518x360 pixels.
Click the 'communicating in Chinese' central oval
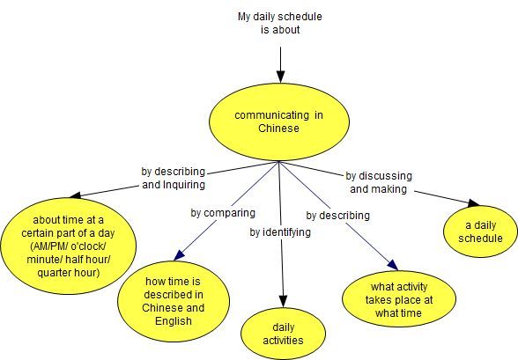coord(279,121)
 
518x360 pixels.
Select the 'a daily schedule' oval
coord(480,231)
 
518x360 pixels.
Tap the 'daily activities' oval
coord(283,334)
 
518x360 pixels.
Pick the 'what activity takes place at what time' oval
coord(399,299)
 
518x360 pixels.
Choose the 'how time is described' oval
coord(174,301)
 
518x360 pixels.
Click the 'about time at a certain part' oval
coord(69,246)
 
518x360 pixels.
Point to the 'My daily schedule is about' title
coord(280,23)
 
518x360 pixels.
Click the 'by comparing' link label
coord(223,213)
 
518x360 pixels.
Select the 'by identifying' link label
coord(280,232)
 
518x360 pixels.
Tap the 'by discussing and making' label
coord(379,182)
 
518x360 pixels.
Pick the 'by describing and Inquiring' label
coord(174,178)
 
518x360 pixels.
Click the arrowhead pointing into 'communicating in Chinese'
coord(280,77)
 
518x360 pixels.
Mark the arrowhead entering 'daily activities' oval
coord(283,301)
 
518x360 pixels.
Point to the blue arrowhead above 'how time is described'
coord(180,254)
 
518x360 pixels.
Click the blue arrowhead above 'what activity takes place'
coord(393,265)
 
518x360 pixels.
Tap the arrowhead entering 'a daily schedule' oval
coord(473,203)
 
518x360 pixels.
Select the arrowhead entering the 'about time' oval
coord(76,195)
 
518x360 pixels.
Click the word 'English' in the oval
coord(174,321)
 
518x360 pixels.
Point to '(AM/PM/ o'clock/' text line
coord(69,246)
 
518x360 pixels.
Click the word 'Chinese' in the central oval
coord(278,128)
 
